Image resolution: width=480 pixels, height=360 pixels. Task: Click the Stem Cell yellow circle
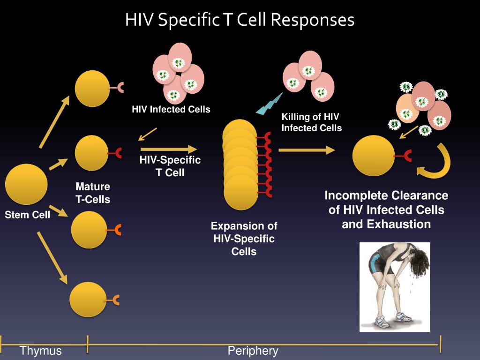26,184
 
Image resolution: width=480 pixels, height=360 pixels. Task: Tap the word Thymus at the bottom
41,351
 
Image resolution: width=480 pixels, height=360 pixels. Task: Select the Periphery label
253,351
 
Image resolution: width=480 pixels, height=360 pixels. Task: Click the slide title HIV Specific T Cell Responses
240,20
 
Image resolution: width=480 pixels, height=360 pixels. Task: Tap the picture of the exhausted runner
394,287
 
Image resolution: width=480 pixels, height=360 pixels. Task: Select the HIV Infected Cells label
171,110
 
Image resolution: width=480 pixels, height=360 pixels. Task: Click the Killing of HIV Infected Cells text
311,122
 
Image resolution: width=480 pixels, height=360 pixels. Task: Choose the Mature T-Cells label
93,193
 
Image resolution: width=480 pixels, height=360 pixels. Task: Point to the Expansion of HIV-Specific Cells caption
244,239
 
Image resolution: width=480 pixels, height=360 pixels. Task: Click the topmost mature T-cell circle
92,88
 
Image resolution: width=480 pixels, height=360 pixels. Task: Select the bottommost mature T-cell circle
88,300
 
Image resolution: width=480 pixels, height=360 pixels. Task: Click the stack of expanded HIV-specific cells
240,165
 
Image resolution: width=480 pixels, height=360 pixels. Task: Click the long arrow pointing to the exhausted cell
307,150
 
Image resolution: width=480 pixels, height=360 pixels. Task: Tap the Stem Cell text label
28,216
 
